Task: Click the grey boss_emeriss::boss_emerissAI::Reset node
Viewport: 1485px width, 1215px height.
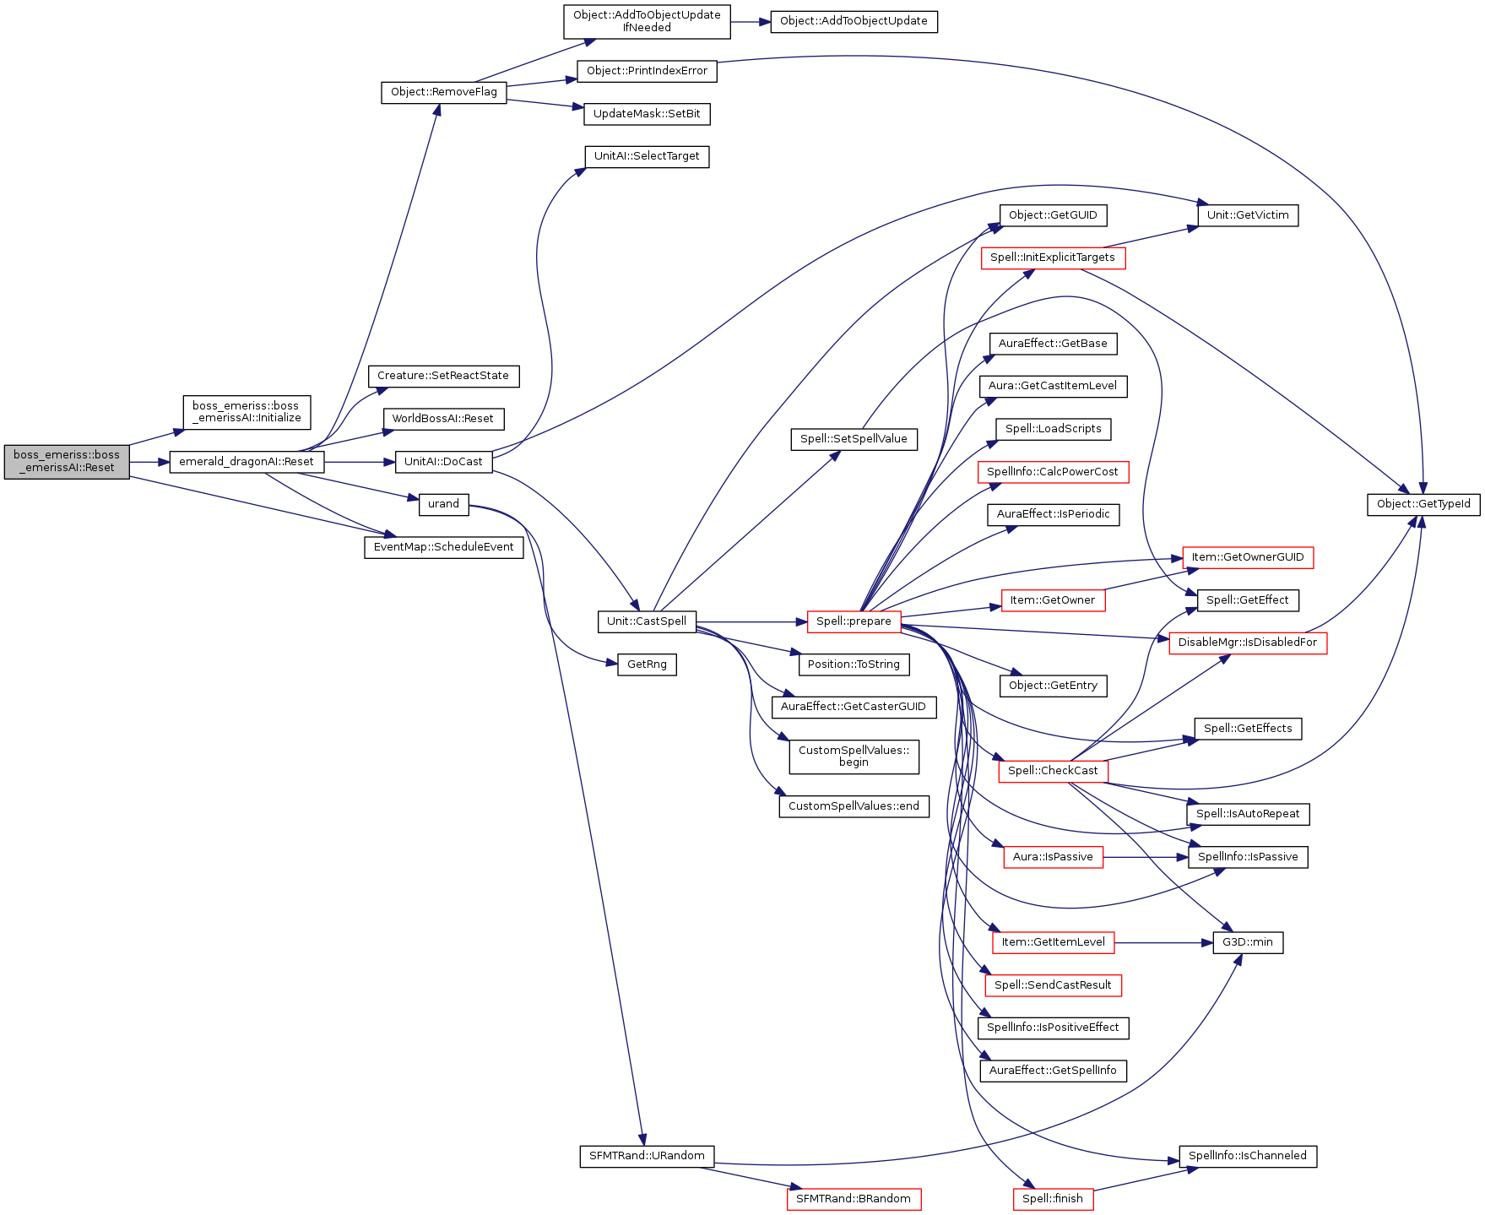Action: [x=67, y=461]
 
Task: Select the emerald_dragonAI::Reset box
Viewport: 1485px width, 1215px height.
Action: [x=247, y=462]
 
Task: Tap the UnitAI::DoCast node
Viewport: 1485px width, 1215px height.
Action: [x=443, y=462]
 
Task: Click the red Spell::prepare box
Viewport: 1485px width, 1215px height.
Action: [x=854, y=621]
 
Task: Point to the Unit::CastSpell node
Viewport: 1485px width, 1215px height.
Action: [x=647, y=621]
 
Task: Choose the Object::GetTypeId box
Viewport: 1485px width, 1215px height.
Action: [x=1423, y=504]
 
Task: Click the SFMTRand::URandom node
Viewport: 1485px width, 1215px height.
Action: [x=647, y=1156]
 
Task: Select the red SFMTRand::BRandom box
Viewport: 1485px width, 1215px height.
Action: [x=854, y=1199]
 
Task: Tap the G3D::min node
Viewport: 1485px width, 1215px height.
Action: [x=1248, y=942]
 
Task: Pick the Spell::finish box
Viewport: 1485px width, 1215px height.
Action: [x=1053, y=1199]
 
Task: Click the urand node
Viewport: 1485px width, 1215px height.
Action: [x=443, y=504]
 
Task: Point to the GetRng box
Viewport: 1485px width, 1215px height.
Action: [x=647, y=664]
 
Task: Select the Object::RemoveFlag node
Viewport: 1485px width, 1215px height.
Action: [x=444, y=92]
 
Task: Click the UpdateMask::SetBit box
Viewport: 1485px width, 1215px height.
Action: [x=647, y=114]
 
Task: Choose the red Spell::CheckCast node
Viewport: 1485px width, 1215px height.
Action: [x=1053, y=771]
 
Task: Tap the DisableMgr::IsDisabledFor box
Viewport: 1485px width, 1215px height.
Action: [x=1248, y=643]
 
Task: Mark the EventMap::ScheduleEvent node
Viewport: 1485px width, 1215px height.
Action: [x=443, y=547]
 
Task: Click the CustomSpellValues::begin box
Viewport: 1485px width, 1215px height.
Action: [x=854, y=757]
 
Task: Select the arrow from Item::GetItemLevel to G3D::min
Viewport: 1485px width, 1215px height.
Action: [x=1163, y=942]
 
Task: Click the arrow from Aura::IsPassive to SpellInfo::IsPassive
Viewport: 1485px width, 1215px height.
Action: [x=1146, y=857]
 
